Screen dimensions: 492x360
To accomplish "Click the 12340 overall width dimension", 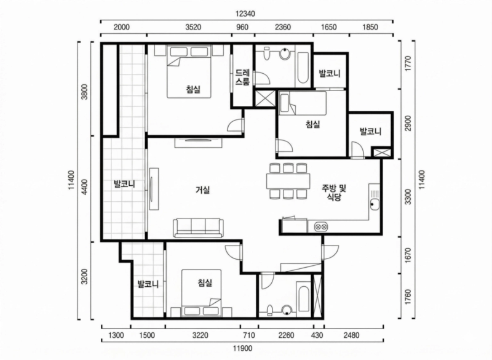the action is pyautogui.click(x=245, y=14).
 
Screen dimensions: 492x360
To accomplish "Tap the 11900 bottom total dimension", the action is pyautogui.click(x=242, y=348).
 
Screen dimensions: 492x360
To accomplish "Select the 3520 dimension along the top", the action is pyautogui.click(x=193, y=27).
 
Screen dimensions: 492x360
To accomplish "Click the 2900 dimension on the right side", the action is pyautogui.click(x=408, y=123).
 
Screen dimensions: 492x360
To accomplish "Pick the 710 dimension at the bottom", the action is pyautogui.click(x=249, y=335).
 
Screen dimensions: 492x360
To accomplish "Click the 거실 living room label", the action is pyautogui.click(x=202, y=190).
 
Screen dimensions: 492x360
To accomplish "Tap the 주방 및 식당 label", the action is pyautogui.click(x=334, y=193).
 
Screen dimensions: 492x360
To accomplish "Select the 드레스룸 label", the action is pyautogui.click(x=242, y=77).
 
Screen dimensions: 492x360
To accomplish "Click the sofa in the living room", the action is pyautogui.click(x=198, y=228).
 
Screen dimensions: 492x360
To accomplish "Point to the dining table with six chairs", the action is pyautogui.click(x=288, y=181).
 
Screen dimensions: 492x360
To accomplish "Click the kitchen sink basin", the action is pyautogui.click(x=375, y=204).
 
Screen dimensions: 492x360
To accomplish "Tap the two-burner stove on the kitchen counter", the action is pyautogui.click(x=321, y=226).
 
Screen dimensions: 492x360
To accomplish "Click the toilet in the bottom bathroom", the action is pyautogui.click(x=269, y=310).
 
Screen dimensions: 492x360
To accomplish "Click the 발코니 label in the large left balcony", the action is pyautogui.click(x=124, y=184).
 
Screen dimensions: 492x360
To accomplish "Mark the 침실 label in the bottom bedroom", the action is pyautogui.click(x=205, y=283).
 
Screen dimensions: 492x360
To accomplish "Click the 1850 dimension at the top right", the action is pyautogui.click(x=370, y=27).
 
